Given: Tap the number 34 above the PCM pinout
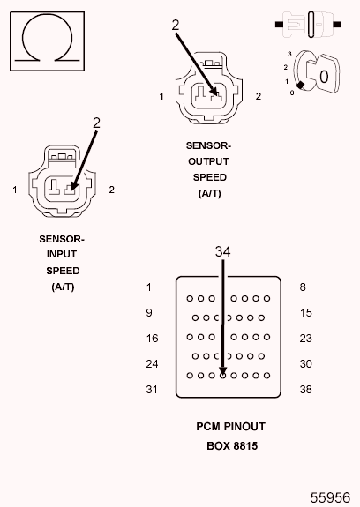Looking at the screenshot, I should tap(223, 252).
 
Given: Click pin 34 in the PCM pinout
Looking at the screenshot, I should tap(222, 375).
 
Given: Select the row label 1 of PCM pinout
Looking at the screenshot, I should tap(149, 287).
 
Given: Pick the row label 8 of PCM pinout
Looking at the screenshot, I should tap(303, 287).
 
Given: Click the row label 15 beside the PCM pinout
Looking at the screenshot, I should tap(306, 313).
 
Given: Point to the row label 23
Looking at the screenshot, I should tap(306, 339).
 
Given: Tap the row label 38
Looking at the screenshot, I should tap(306, 390).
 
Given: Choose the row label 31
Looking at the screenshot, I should tap(152, 390).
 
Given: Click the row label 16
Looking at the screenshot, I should tap(152, 339).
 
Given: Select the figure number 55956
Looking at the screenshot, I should tap(329, 496).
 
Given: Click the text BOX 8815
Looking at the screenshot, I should tap(231, 445).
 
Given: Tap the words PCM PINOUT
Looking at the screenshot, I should tap(231, 427).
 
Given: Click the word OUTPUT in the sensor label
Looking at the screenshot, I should tap(209, 161).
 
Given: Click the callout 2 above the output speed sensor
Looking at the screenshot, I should tap(176, 26).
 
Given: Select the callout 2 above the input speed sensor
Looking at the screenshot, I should tap(96, 123).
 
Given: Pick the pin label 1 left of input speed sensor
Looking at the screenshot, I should tap(15, 190).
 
